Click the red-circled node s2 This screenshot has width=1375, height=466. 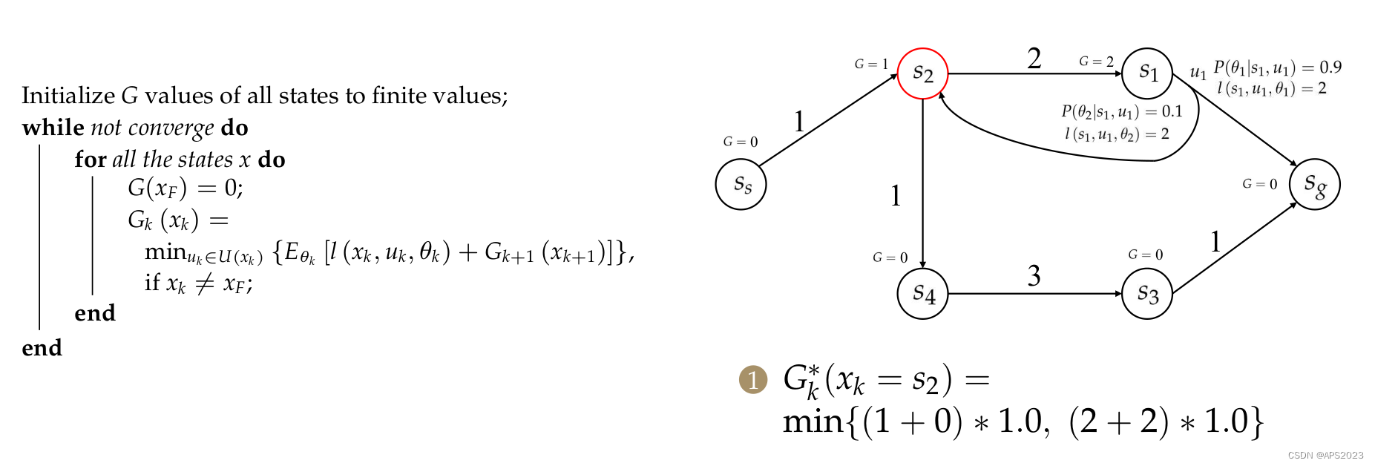922,73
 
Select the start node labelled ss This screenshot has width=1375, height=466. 741,184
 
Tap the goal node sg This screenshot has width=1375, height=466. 1314,184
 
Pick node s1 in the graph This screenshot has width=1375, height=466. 1146,73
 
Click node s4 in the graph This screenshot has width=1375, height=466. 922,294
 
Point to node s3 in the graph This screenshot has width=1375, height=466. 1146,294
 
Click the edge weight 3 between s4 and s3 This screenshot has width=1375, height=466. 1034,276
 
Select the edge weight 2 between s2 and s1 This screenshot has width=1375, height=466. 1034,59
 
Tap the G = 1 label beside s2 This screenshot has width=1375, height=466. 871,65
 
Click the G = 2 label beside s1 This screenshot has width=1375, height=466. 1096,62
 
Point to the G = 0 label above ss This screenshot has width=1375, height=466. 741,142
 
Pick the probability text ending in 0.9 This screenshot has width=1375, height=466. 1277,68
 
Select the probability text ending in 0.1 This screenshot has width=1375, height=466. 1121,111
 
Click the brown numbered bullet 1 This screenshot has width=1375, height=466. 753,379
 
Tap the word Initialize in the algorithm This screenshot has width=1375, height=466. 68,96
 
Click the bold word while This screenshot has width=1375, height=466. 53,128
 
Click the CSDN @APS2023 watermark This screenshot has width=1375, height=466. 1325,456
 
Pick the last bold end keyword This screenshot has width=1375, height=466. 42,348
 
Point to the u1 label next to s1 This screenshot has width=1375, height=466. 1198,73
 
